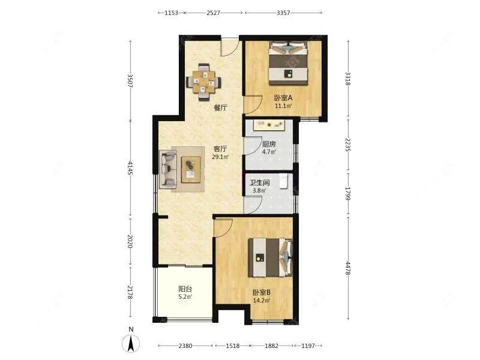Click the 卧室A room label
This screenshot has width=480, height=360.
[x=283, y=98]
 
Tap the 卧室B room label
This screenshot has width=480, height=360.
[x=262, y=292]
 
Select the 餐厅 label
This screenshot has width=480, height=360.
[x=220, y=108]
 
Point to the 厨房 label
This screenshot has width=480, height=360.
[x=269, y=144]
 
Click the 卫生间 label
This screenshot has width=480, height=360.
[x=260, y=183]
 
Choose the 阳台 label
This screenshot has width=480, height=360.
[x=185, y=289]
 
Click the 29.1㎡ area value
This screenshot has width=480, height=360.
[x=220, y=157]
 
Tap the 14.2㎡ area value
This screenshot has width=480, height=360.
[x=262, y=301]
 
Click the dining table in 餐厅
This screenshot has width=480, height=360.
[x=204, y=82]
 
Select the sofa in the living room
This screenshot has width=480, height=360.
[x=169, y=169]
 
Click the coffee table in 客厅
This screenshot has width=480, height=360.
[x=191, y=170]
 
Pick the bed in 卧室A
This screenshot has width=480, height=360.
[x=288, y=64]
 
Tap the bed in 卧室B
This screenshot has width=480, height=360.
[x=271, y=257]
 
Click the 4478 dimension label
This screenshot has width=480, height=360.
[x=348, y=268]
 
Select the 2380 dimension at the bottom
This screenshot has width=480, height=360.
[x=185, y=346]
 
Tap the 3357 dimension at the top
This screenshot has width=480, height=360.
[x=283, y=13]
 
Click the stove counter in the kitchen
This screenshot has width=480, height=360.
[x=269, y=124]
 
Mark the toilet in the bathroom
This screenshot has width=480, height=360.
[x=284, y=181]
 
